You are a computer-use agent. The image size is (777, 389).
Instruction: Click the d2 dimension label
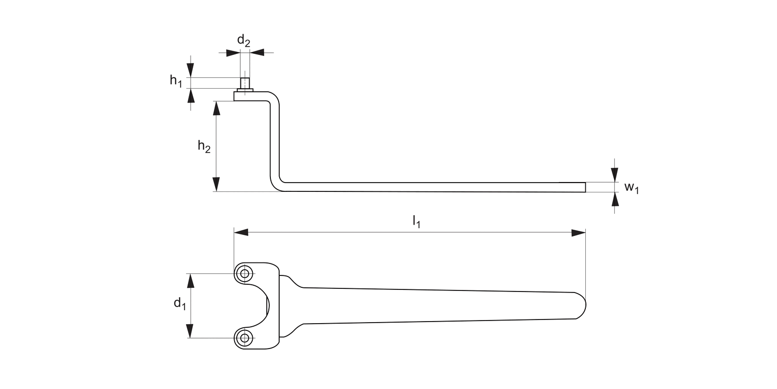(x=243, y=40)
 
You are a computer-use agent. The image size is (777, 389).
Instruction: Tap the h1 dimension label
(x=176, y=81)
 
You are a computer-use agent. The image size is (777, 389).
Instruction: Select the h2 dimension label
(x=204, y=146)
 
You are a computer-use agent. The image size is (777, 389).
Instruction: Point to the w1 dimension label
(x=631, y=188)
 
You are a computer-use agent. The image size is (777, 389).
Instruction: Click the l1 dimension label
(x=416, y=221)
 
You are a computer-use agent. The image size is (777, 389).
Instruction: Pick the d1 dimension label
(x=180, y=303)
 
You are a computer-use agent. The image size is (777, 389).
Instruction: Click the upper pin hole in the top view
(x=244, y=274)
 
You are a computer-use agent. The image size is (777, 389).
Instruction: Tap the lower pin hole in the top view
(x=244, y=338)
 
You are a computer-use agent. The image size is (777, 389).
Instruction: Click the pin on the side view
(x=245, y=84)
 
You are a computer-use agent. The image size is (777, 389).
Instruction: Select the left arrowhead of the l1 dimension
(x=241, y=232)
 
